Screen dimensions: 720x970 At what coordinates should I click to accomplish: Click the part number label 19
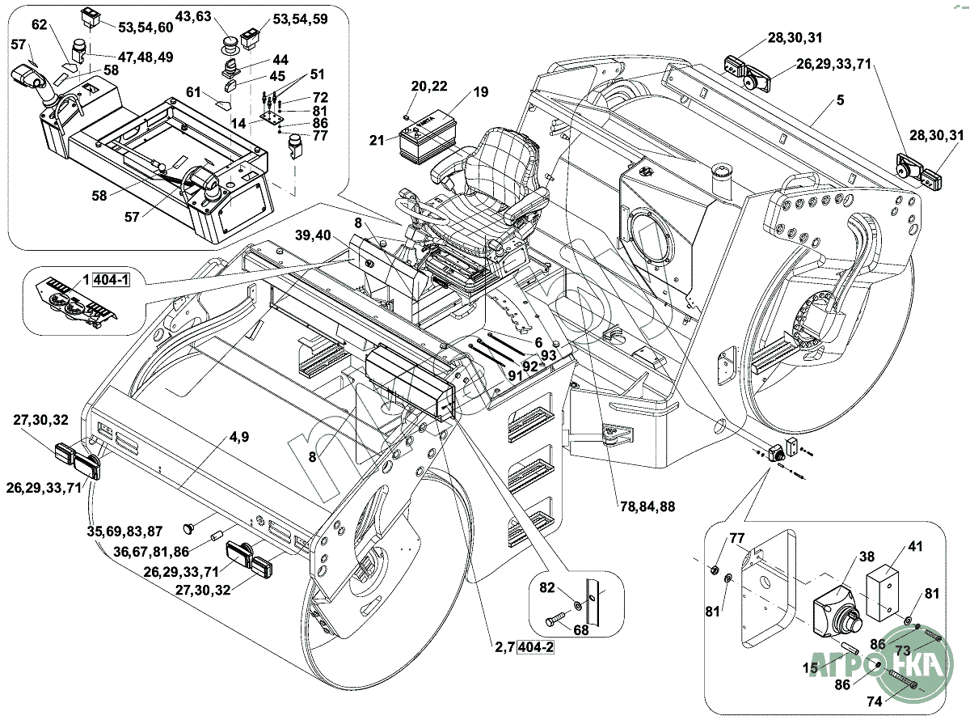(x=481, y=92)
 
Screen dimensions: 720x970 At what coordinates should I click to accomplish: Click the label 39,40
(x=314, y=235)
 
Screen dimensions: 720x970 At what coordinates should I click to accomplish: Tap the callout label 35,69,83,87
(x=124, y=532)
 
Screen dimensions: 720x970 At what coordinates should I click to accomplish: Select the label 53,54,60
(x=146, y=28)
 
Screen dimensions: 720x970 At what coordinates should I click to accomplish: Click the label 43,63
(x=193, y=16)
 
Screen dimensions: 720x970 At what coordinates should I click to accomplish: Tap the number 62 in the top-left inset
(x=40, y=25)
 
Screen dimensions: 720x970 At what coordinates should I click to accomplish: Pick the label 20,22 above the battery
(x=428, y=87)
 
